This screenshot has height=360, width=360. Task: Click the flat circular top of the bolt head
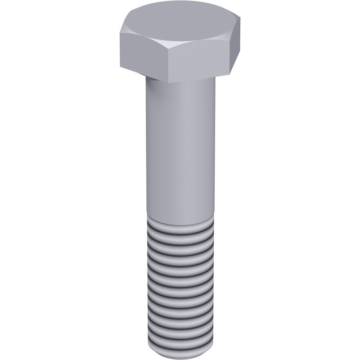tap(180, 20)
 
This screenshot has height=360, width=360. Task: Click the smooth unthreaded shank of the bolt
tap(180, 148)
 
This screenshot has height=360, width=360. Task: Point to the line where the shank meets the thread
tap(180, 223)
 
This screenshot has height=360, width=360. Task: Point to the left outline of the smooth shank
tap(146, 148)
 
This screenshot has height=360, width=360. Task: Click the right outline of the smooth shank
tap(215, 148)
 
